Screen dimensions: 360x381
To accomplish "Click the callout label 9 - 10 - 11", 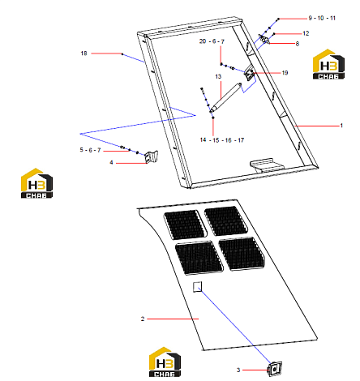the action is point(322,18).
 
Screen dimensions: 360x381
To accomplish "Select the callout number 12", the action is point(306,33).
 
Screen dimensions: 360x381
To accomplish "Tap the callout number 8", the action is point(298,44).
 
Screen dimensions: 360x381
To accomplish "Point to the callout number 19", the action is point(285,73).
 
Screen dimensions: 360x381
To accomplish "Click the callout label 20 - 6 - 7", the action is point(212,41).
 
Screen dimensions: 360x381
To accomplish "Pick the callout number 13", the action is point(218,76).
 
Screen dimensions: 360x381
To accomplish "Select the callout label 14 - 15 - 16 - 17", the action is point(222,140).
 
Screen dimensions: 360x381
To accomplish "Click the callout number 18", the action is point(84,54).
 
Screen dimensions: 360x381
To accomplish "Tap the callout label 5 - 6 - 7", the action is point(90,150).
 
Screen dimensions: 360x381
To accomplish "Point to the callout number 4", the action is point(111,162).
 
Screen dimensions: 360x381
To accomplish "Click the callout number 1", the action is point(341,126).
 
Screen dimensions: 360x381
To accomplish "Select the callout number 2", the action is point(143,319).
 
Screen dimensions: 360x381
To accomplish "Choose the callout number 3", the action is point(238,370).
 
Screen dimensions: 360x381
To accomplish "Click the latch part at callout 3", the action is point(275,369).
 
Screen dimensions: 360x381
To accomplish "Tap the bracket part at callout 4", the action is point(152,156).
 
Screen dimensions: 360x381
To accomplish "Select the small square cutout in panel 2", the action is point(197,287).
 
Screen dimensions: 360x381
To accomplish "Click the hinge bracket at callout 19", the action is point(249,74).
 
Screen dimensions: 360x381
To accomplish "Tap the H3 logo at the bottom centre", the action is point(165,362).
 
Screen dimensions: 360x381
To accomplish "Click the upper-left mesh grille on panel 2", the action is point(185,225).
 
